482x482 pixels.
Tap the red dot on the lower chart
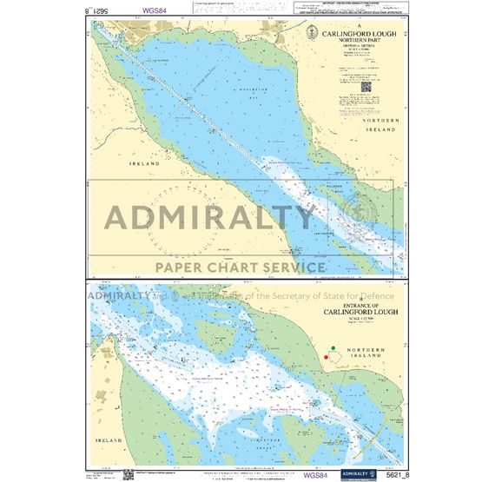326,356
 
